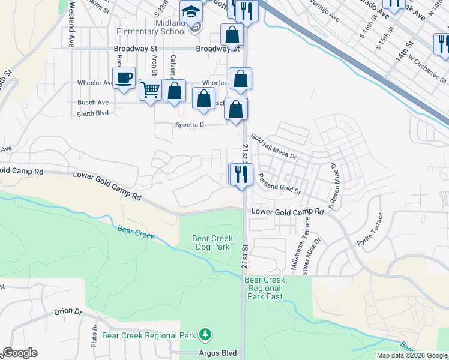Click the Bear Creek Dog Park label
click(212, 242)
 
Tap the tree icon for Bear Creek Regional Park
click(206, 334)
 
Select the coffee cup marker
click(124, 79)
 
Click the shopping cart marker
click(150, 91)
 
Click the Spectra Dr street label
click(190, 125)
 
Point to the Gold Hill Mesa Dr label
click(274, 146)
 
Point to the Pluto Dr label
click(95, 335)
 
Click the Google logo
click(20, 353)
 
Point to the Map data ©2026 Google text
click(412, 355)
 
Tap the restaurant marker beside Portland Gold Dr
click(241, 175)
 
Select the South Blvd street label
click(92, 113)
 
